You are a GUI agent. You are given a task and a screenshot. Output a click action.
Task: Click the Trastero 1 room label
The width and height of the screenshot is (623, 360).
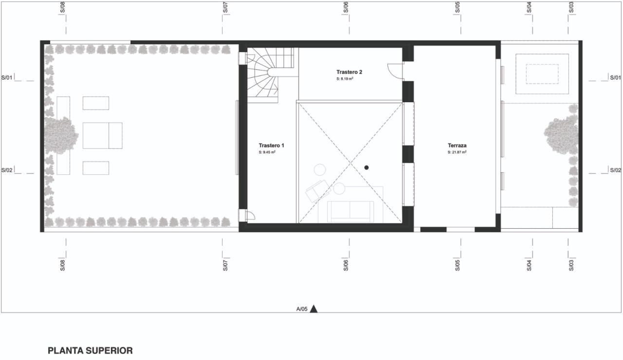(x=271, y=145)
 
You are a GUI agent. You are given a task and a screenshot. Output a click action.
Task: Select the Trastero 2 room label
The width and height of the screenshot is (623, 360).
(x=349, y=72)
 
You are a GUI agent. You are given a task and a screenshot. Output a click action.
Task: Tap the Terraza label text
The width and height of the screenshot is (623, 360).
(x=457, y=145)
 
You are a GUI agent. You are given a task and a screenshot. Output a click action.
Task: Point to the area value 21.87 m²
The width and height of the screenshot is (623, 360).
(x=457, y=152)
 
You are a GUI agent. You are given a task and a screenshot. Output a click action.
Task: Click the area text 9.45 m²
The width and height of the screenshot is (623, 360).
(x=267, y=152)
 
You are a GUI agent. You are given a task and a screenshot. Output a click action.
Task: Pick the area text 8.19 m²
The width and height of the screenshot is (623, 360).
(x=345, y=79)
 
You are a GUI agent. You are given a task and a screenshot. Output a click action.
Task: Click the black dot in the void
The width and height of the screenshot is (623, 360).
(x=366, y=168)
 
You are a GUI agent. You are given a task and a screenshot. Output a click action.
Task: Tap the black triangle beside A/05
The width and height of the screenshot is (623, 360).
(x=314, y=309)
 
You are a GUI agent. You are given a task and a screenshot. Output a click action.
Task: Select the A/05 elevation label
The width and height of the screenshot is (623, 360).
(x=302, y=309)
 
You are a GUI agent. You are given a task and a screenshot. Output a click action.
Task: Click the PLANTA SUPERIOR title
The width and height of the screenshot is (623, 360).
(x=90, y=351)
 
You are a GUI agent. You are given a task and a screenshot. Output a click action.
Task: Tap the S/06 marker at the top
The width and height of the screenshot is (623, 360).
(x=346, y=7)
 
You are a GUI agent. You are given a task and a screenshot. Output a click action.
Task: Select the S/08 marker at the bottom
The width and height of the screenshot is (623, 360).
(x=63, y=265)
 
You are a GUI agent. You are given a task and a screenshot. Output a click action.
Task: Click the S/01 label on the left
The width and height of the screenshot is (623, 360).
(x=7, y=77)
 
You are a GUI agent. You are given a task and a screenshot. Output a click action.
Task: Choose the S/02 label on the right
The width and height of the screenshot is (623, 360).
(x=616, y=170)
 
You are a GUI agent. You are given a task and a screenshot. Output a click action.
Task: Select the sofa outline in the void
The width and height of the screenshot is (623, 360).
(x=350, y=212)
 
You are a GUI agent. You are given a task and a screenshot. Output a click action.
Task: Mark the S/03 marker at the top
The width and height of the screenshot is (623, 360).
(x=571, y=7)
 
